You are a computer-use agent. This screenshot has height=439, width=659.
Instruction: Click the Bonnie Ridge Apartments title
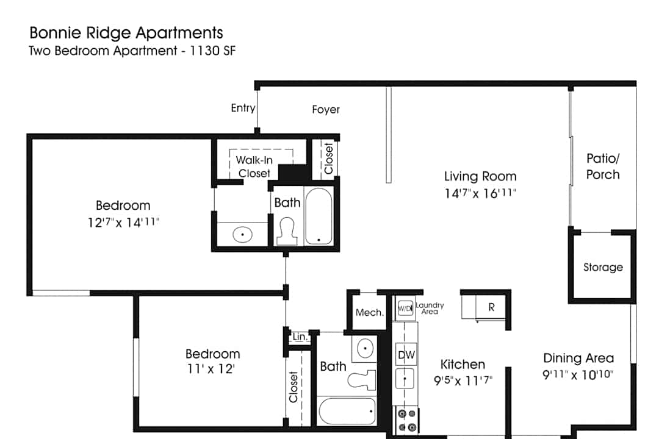click(x=126, y=33)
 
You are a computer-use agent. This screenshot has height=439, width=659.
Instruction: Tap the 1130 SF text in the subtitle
click(x=213, y=51)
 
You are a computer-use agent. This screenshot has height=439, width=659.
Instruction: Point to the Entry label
click(x=243, y=109)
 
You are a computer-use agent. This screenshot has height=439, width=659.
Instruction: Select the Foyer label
click(x=326, y=110)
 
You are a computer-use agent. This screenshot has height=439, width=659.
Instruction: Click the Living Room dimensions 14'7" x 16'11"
click(x=480, y=193)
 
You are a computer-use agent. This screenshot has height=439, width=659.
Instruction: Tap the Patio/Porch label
click(x=603, y=166)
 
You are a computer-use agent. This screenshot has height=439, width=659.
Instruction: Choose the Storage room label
click(x=603, y=267)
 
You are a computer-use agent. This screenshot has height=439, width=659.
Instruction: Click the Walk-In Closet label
click(x=254, y=166)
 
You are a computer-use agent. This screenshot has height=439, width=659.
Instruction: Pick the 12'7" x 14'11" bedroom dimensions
click(x=123, y=222)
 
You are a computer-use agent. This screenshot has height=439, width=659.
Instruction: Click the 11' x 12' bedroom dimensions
click(x=211, y=369)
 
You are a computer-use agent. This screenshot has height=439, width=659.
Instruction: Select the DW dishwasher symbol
click(x=406, y=355)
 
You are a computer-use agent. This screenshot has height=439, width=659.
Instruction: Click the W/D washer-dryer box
click(x=405, y=309)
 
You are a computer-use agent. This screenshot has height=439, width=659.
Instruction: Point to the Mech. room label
click(x=370, y=313)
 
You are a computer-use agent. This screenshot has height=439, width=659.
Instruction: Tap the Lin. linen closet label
click(x=300, y=337)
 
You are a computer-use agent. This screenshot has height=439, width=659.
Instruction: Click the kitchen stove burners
click(x=407, y=421)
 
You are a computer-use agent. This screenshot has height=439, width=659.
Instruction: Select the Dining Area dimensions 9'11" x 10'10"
click(x=578, y=374)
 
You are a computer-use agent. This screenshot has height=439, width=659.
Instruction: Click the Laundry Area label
click(x=430, y=309)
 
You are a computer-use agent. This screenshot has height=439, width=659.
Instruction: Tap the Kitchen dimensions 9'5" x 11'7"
click(x=463, y=380)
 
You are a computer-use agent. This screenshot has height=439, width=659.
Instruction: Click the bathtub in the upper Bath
click(x=319, y=216)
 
